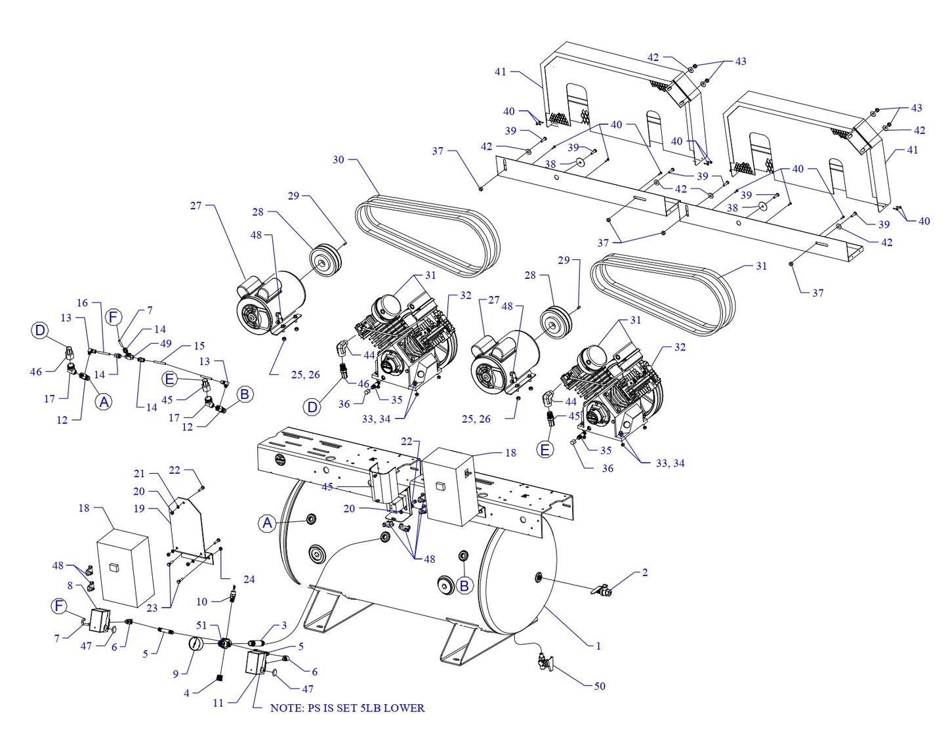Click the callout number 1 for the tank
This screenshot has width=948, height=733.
click(598, 646)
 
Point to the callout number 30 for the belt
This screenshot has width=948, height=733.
click(338, 159)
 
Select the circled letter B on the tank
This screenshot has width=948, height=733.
click(464, 585)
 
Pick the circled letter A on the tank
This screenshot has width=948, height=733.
click(267, 523)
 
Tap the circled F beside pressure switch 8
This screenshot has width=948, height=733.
click(59, 606)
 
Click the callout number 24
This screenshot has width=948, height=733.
click(249, 579)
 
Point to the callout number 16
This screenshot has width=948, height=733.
click(82, 303)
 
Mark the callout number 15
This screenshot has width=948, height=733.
click(199, 345)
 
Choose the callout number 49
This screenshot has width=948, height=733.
click(165, 343)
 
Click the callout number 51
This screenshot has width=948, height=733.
click(201, 625)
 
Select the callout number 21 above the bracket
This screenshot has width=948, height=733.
click(139, 473)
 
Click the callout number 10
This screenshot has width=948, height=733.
click(201, 601)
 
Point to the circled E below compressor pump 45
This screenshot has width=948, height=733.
click(545, 450)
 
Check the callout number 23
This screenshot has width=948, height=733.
click(152, 608)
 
